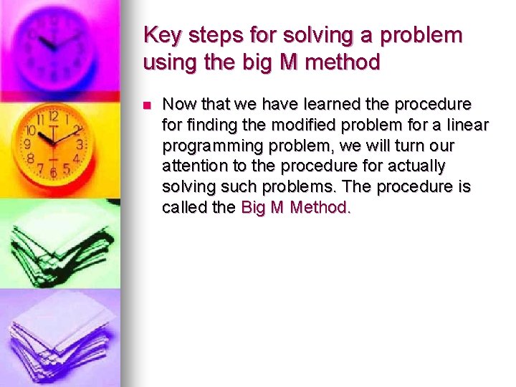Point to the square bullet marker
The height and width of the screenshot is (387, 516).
[x=147, y=105]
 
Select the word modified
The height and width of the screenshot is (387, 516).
[x=291, y=125]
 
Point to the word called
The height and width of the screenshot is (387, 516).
[x=183, y=208]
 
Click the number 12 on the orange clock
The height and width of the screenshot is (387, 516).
[x=53, y=117]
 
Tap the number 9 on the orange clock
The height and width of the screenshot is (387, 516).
[x=27, y=144]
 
